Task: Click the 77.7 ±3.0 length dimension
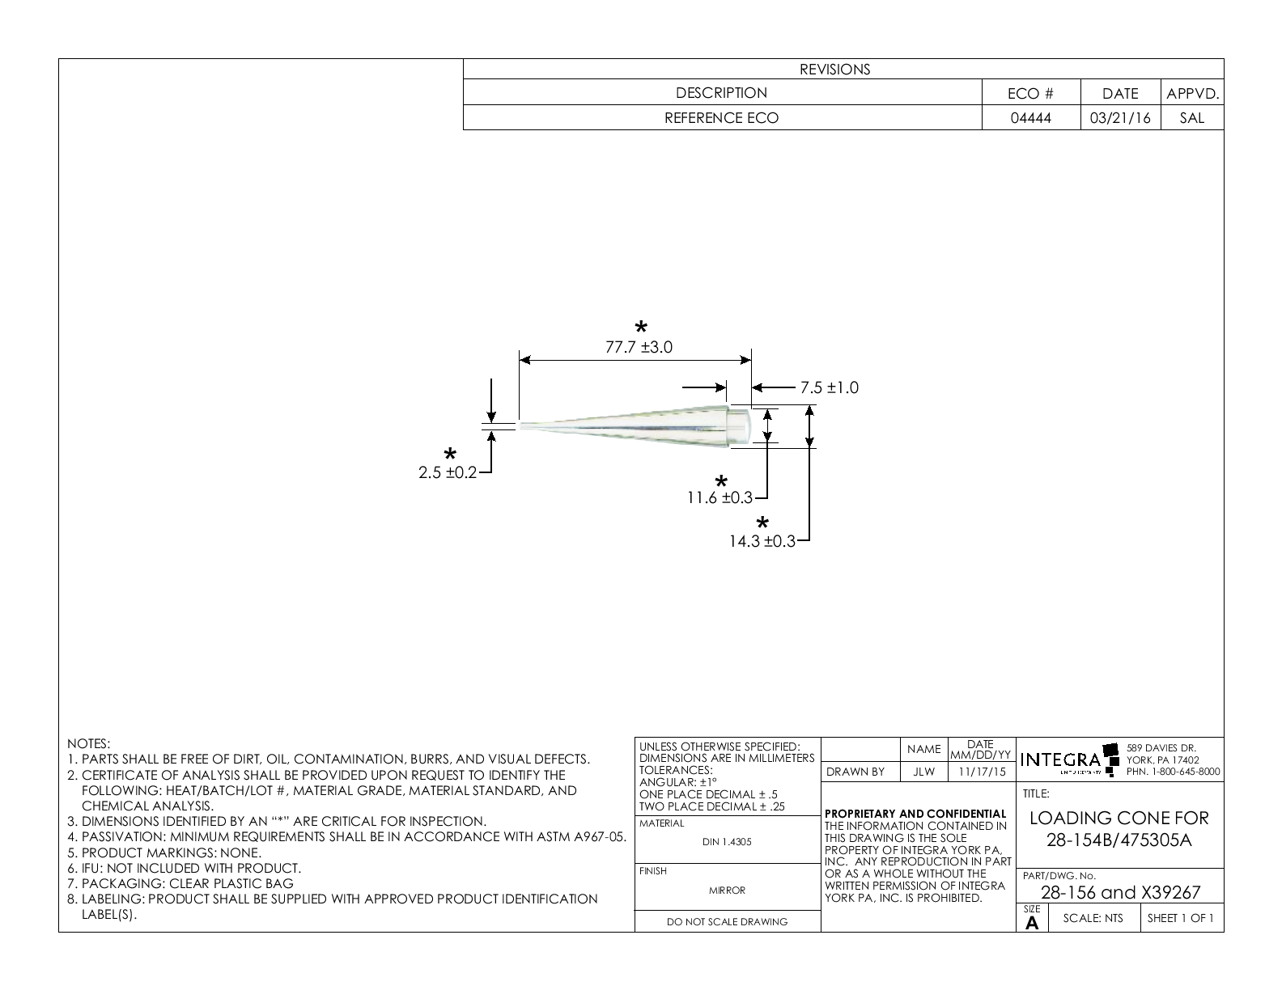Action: pos(639,348)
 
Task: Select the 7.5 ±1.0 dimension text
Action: pos(830,388)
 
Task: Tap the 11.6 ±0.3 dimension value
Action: pos(720,498)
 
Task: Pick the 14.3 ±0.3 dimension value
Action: pos(762,542)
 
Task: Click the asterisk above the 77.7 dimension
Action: pos(641,328)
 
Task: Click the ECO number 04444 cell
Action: pos(1031,118)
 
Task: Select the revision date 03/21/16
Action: pos(1120,118)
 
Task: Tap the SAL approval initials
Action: pos(1192,118)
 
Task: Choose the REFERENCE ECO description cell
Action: pos(721,118)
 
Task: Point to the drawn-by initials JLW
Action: pos(923,772)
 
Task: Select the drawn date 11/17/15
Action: pos(981,772)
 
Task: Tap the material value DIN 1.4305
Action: pos(727,842)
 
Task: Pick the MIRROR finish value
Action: pos(727,891)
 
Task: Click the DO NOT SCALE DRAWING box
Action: pos(727,921)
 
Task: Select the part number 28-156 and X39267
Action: pos(1120,892)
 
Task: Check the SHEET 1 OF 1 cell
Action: pos(1181,918)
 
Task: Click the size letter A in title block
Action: pos(1032,923)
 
